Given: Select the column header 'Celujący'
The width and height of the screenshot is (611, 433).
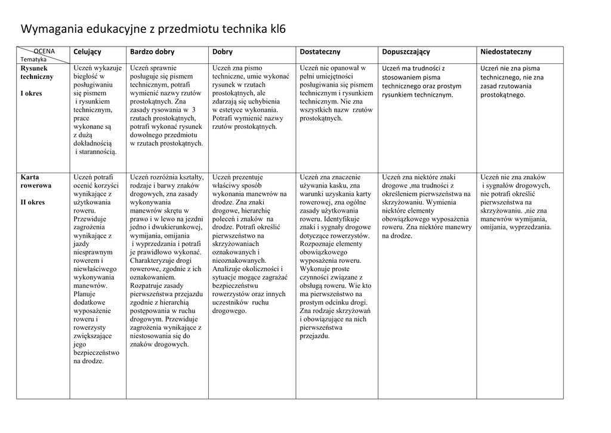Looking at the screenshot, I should [87, 52].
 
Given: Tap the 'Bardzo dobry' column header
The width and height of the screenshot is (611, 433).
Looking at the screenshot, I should [152, 52].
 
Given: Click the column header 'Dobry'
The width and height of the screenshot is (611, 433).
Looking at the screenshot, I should [223, 52].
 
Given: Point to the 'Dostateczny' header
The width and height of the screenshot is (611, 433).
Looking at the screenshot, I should [320, 52].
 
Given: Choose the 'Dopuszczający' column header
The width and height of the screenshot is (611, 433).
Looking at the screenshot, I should [406, 52].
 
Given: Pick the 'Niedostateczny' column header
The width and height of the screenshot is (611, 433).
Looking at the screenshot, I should [506, 52].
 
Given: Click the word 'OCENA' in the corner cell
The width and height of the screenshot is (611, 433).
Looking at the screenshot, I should [44, 51].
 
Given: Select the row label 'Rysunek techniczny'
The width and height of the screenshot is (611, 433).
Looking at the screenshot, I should [37, 72].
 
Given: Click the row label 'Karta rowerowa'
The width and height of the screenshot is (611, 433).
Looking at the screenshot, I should [36, 181].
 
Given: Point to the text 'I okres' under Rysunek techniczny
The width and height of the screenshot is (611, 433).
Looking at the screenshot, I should [31, 93].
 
